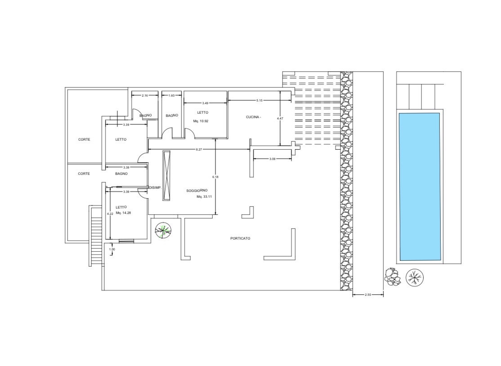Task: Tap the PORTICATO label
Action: coord(240,238)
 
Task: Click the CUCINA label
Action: coord(253,117)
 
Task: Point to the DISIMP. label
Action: coord(155,188)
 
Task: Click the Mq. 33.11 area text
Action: coord(204,197)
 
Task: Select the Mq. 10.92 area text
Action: coord(201,121)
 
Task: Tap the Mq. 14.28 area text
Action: coord(123,213)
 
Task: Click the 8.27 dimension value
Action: coord(199,149)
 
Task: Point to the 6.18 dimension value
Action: coord(215,177)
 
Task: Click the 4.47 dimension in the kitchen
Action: coord(280,119)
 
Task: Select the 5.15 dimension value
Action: coord(259,100)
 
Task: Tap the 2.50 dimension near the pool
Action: coord(368,295)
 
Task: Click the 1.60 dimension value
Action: coord(172,95)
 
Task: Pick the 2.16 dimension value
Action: coord(145,95)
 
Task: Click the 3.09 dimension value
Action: coord(272,159)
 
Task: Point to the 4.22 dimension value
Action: coord(110,214)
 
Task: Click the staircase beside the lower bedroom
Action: coord(95,236)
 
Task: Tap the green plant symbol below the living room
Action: coord(163,230)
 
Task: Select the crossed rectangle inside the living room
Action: coord(166,175)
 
